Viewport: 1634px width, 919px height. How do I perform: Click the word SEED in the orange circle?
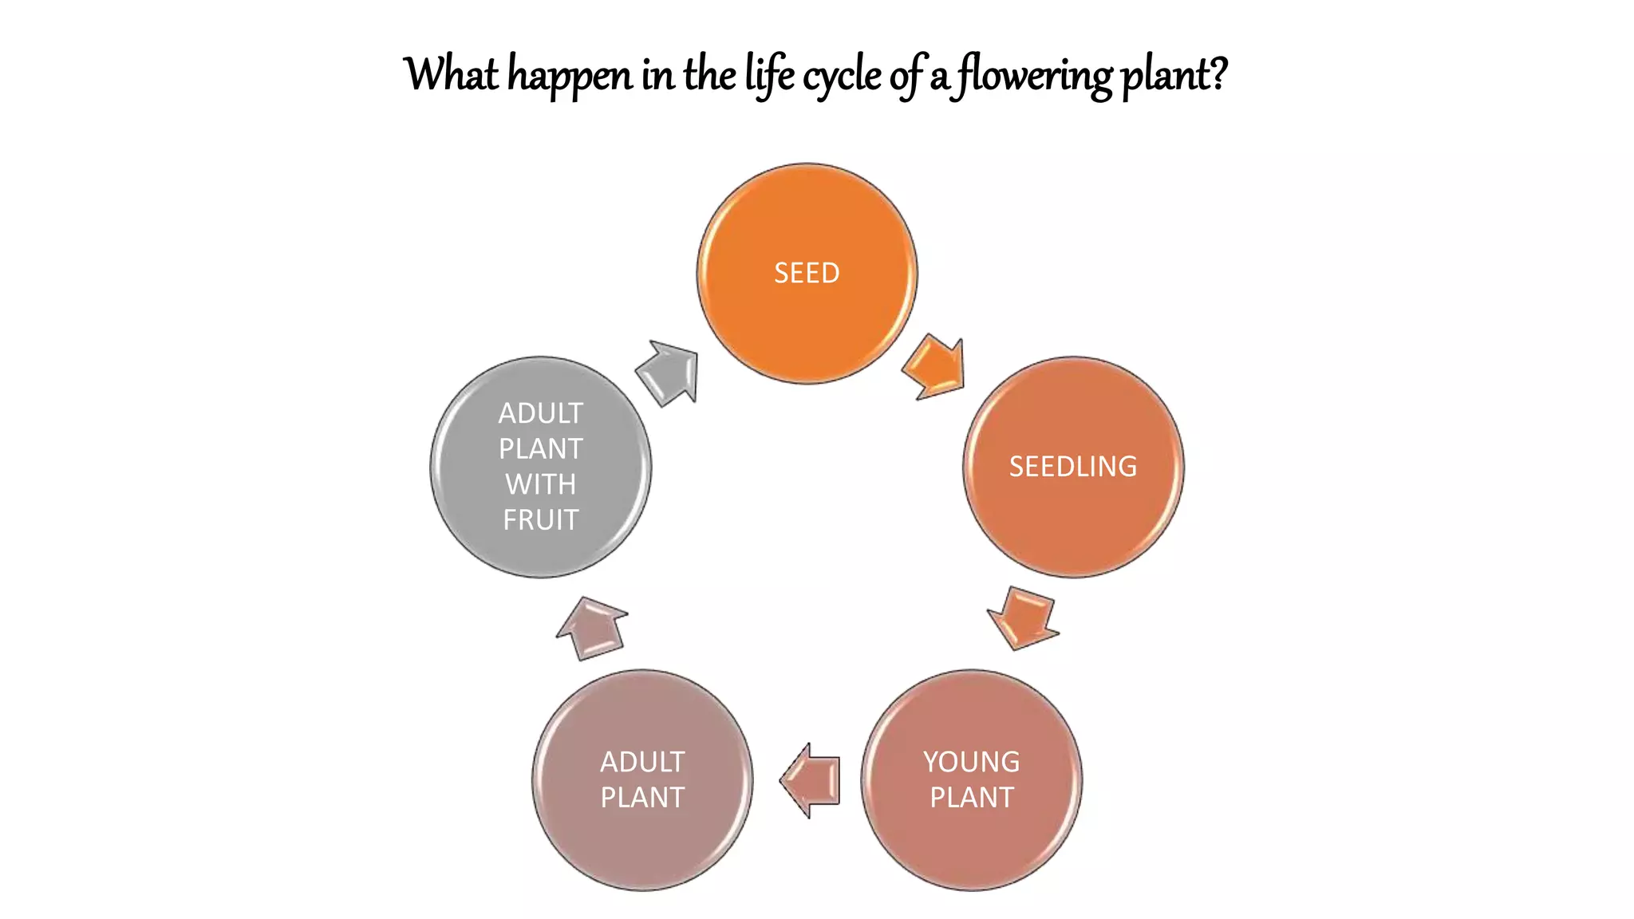[x=807, y=274]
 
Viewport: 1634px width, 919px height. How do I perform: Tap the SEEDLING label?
[x=1073, y=467]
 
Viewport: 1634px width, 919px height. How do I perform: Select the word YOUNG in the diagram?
[x=971, y=762]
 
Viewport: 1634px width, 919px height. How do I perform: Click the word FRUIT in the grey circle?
[x=540, y=520]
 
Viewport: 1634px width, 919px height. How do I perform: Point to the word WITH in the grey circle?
[x=540, y=484]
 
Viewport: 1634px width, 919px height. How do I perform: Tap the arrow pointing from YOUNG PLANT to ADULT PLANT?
[x=811, y=780]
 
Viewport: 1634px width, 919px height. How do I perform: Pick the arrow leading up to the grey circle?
[x=591, y=629]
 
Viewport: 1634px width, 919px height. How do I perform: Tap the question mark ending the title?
[x=1218, y=74]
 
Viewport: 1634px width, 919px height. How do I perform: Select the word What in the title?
[x=452, y=74]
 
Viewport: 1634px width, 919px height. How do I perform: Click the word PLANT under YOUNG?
[x=971, y=798]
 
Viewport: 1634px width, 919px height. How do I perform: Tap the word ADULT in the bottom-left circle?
[x=642, y=762]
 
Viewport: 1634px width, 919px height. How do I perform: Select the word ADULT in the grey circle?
[x=540, y=413]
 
